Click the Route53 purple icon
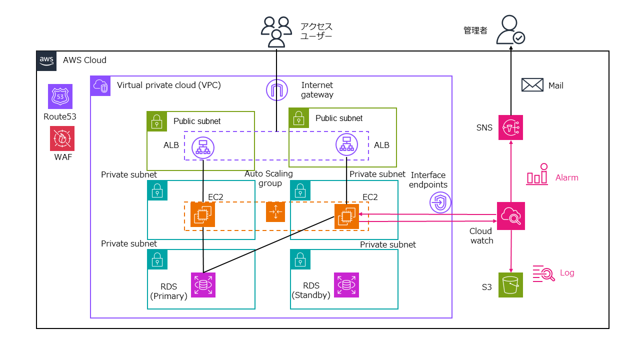coord(60,96)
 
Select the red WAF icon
coord(62,138)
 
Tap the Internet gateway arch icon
coord(277,90)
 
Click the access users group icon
coord(276,31)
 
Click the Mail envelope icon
coord(532,85)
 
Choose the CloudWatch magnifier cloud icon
coord(510,215)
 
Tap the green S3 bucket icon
coord(510,285)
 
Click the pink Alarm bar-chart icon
coord(537,175)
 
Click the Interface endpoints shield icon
coord(440,202)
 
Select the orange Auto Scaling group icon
coord(275,212)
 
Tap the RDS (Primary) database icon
coord(203,285)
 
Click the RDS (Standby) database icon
coord(346,285)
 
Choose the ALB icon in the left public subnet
coord(203,146)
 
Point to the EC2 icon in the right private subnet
coord(346,216)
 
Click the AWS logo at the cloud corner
coord(47,60)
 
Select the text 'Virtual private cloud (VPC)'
coord(168,85)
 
